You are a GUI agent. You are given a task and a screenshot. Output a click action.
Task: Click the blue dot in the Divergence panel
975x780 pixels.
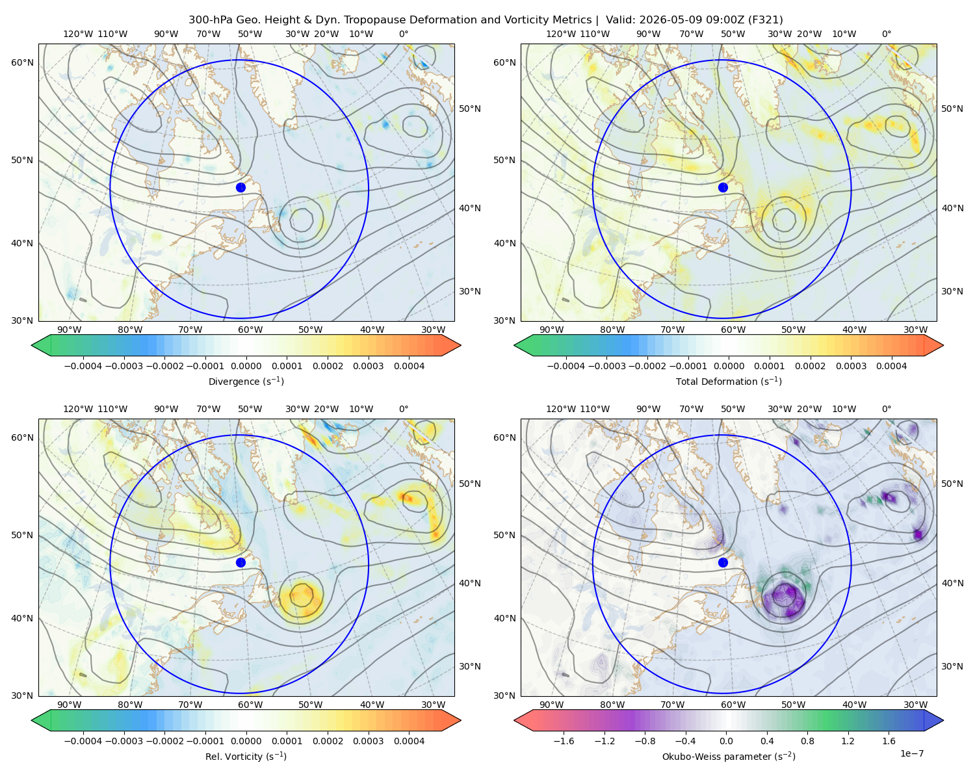pos(240,188)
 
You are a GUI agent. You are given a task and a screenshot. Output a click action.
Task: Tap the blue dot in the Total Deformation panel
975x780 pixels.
pos(723,188)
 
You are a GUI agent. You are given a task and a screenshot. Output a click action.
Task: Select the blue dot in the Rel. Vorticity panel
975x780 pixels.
pos(240,562)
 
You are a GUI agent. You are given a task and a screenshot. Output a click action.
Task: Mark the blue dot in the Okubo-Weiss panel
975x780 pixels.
pos(723,562)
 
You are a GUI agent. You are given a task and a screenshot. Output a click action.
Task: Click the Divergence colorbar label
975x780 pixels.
pos(246,382)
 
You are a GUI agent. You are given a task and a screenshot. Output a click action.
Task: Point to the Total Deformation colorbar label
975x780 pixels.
pos(729,382)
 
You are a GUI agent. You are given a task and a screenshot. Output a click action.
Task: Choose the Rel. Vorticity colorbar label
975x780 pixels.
pos(246,757)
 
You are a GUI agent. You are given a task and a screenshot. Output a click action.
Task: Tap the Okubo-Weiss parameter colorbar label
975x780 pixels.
pos(729,757)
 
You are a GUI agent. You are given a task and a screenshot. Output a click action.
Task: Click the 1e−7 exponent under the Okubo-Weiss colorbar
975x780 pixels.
pos(911,753)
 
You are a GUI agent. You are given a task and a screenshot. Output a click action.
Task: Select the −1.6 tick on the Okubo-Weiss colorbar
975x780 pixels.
pos(564,741)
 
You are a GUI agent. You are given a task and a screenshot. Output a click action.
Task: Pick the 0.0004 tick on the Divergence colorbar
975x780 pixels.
pos(409,366)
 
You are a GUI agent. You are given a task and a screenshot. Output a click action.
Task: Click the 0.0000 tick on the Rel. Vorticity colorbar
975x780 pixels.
pos(246,741)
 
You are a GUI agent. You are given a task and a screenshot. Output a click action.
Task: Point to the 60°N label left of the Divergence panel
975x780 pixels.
pos(22,62)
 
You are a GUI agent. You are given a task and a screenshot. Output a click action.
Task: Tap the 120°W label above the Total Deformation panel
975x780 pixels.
pos(561,34)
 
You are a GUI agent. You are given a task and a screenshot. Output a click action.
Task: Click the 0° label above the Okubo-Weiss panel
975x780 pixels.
pos(887,409)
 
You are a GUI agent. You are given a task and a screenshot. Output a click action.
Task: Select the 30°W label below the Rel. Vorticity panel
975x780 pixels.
pos(434,705)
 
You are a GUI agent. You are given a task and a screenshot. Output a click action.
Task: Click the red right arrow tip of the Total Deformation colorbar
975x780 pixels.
pos(942,345)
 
